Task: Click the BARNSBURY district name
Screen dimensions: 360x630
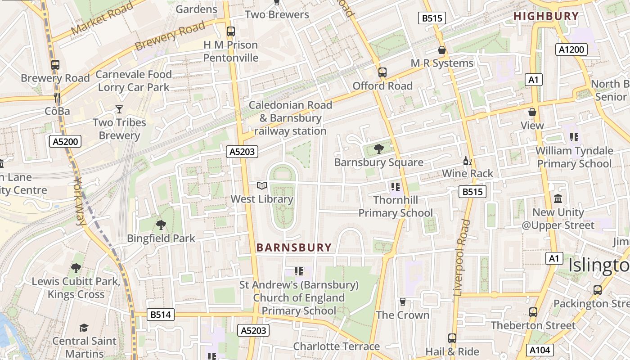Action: [294, 247]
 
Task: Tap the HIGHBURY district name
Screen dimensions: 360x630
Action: [546, 16]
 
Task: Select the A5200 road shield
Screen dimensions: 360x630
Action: [65, 142]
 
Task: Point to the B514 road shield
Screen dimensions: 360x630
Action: [161, 315]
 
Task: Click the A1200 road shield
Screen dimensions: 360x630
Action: [571, 49]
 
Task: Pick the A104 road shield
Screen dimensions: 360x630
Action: [540, 350]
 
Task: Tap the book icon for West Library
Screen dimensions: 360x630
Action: [262, 185]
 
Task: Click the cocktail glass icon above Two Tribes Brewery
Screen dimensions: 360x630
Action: [119, 109]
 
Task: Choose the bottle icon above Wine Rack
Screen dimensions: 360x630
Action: [468, 161]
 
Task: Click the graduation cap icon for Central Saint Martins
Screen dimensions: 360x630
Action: [84, 328]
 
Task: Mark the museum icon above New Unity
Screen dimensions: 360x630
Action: [558, 198]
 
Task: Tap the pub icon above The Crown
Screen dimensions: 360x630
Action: [403, 301]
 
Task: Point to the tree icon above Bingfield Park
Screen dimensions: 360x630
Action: [161, 225]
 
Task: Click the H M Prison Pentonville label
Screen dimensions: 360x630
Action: [230, 51]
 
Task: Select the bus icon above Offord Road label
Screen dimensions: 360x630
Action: [382, 72]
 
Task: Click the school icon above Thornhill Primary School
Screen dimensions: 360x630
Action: [396, 186]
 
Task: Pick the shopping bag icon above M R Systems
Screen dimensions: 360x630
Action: [442, 50]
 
